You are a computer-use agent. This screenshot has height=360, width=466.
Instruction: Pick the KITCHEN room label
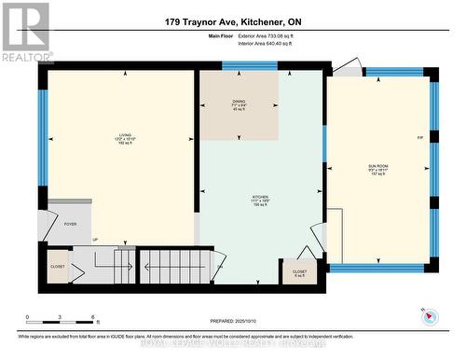(x=262, y=199)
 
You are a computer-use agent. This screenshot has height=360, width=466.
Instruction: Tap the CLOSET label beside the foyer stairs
(x=58, y=265)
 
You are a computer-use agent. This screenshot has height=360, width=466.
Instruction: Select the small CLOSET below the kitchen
(x=299, y=271)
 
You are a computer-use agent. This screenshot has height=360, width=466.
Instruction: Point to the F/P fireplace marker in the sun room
(x=420, y=138)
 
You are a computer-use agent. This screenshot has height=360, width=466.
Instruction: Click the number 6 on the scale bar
(x=81, y=317)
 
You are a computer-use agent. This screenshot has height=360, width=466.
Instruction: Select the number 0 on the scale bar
(x=28, y=317)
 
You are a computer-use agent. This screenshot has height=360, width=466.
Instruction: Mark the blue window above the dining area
(x=250, y=65)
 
